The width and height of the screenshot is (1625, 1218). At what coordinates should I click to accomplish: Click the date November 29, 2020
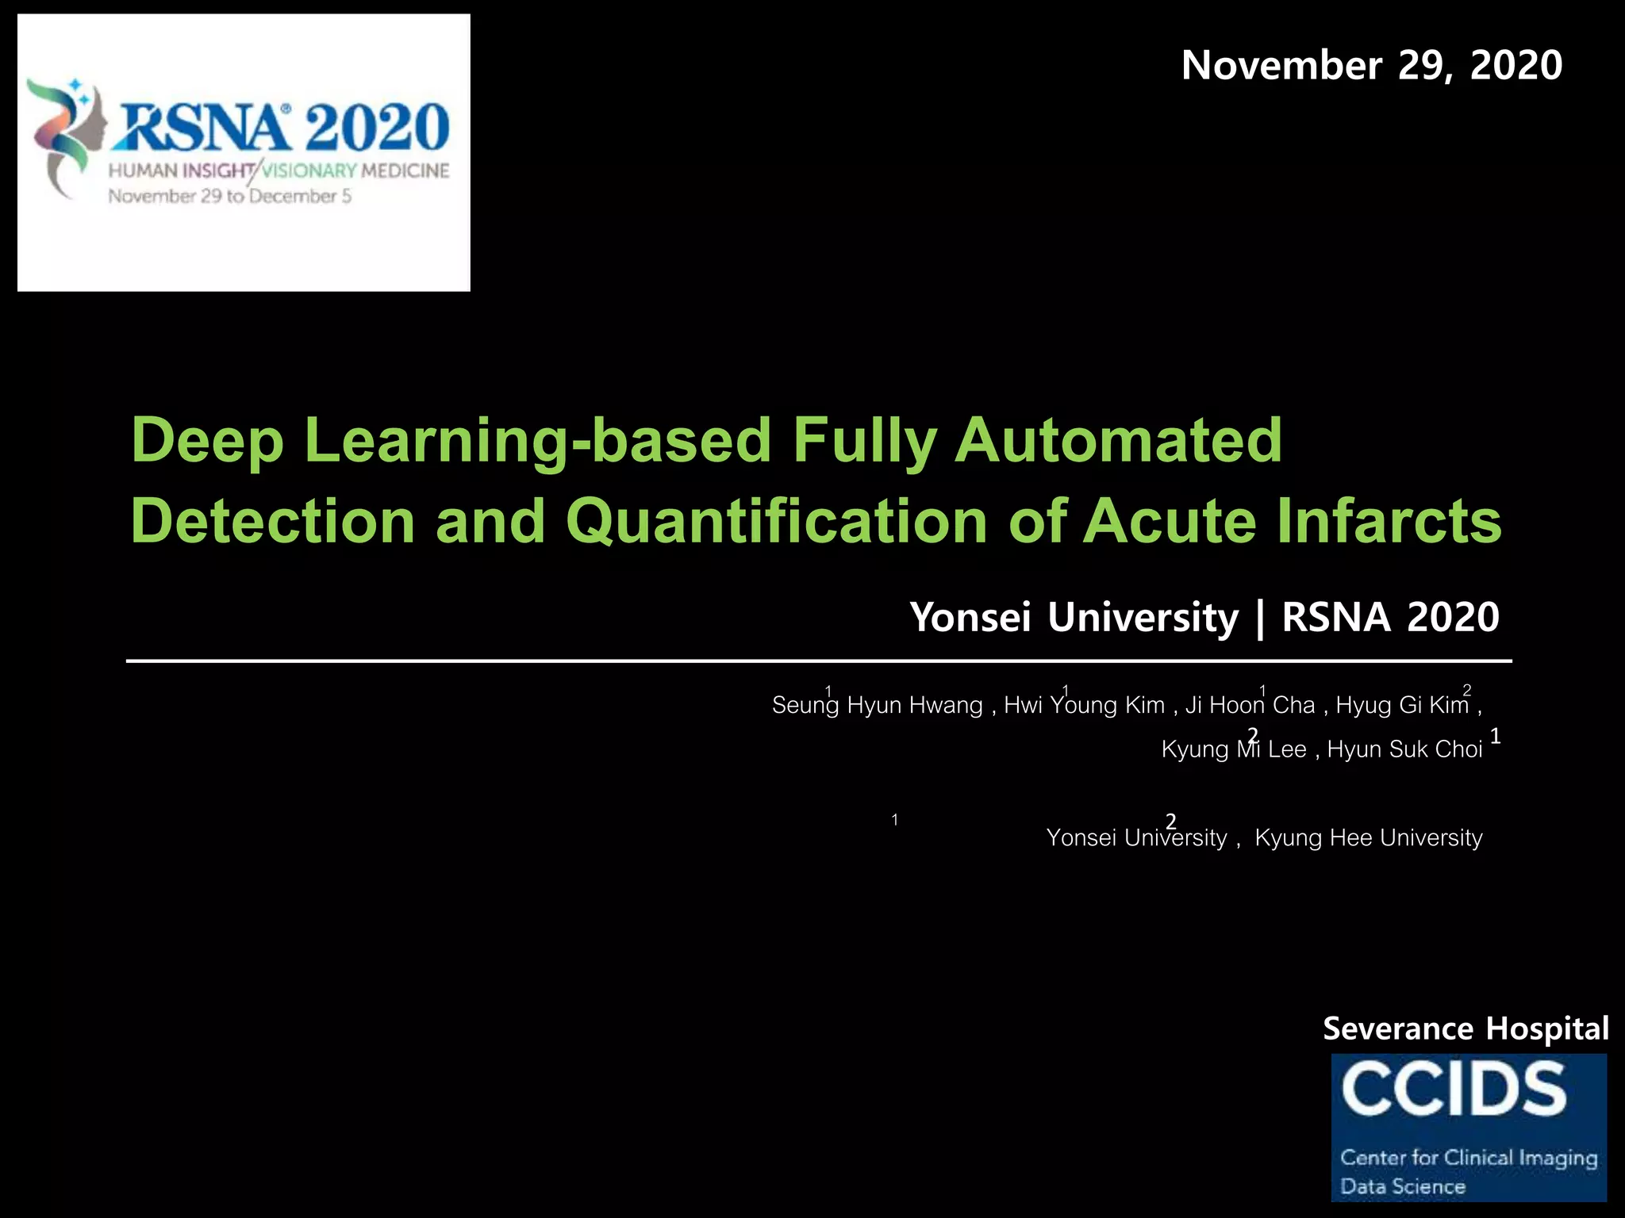[1371, 65]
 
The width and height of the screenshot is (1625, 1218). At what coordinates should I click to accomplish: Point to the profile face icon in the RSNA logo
[91, 127]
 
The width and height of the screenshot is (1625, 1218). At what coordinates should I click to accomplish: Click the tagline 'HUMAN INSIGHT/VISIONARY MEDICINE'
[279, 170]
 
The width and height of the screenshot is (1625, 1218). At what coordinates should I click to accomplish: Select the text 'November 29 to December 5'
[229, 196]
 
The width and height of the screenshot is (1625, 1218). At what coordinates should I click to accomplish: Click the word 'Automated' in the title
[1118, 440]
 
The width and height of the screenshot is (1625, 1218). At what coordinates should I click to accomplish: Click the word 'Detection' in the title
[273, 521]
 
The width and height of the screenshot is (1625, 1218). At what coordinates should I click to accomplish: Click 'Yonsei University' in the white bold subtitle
[1074, 617]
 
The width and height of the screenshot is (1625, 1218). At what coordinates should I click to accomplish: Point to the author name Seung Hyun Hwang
[877, 705]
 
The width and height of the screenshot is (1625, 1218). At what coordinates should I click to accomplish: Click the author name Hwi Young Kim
[1084, 705]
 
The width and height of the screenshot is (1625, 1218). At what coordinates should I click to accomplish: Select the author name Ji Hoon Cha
[1250, 705]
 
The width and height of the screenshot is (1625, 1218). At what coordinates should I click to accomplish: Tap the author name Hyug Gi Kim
[1402, 705]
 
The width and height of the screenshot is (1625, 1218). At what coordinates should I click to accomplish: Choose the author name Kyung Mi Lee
[1233, 749]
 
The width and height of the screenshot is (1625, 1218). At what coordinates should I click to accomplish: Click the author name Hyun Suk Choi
[1404, 749]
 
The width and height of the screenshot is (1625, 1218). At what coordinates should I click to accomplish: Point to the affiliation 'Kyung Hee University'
[1368, 838]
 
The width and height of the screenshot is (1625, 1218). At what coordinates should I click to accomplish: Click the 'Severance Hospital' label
[1465, 1028]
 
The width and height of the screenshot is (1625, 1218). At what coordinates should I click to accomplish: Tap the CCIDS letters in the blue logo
[1454, 1090]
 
